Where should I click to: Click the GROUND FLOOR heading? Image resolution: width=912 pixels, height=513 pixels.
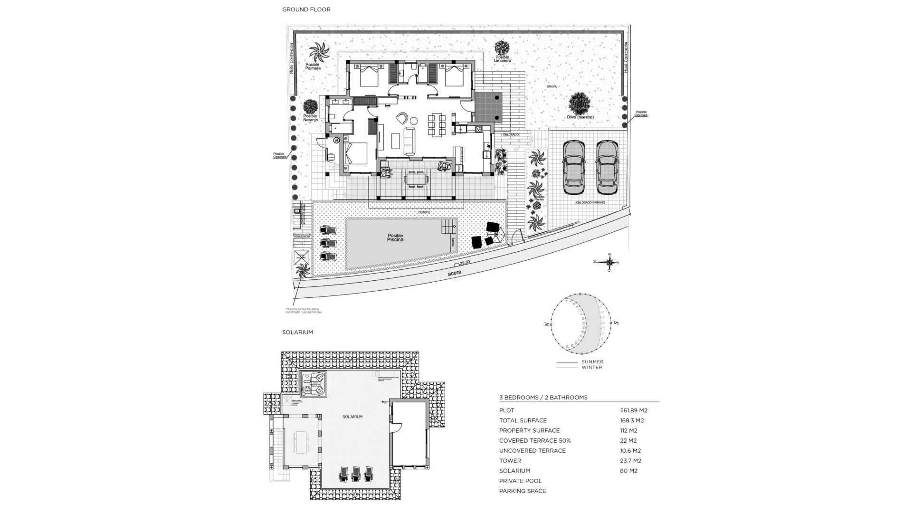click(x=306, y=9)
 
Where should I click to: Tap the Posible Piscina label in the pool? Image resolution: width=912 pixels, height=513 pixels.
click(x=395, y=237)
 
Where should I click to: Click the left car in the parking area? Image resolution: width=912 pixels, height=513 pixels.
click(x=574, y=167)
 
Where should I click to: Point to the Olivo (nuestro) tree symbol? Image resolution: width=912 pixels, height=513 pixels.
click(x=580, y=103)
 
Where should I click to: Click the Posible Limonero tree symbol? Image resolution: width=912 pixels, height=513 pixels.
click(x=502, y=47)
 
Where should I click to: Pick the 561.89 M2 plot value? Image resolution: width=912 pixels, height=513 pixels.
click(x=634, y=410)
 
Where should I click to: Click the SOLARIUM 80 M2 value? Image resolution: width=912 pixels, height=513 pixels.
click(x=628, y=471)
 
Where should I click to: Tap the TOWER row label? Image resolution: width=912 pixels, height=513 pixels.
click(x=510, y=461)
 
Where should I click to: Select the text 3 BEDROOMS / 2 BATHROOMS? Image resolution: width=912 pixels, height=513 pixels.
click(x=543, y=398)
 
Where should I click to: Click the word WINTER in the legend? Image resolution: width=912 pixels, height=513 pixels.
click(x=592, y=367)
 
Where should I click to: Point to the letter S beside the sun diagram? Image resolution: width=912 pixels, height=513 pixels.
click(x=617, y=323)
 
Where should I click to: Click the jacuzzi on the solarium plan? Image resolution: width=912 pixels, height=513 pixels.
click(x=313, y=384)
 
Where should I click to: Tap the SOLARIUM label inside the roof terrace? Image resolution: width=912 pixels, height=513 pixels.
click(x=352, y=417)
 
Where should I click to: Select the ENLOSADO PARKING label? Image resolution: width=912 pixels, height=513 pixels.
click(x=590, y=202)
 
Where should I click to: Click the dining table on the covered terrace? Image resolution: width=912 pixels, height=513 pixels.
click(x=416, y=179)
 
